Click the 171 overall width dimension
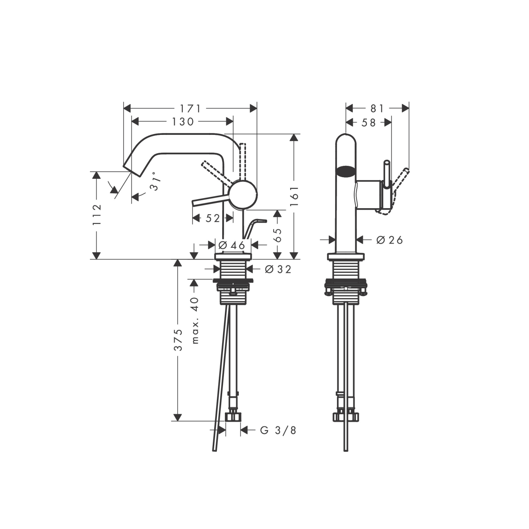coord(190,108)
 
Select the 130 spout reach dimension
coord(183,121)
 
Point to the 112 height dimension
coord(97,214)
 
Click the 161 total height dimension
coord(294,196)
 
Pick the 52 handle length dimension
coord(212,218)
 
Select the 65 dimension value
coord(278,235)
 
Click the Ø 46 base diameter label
coord(232,245)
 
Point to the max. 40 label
coord(195,320)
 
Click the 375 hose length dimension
coord(178,339)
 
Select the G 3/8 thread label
coord(278,430)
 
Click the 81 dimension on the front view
coord(377,108)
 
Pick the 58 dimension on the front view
coord(368,122)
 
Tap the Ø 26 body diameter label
coord(390,240)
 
